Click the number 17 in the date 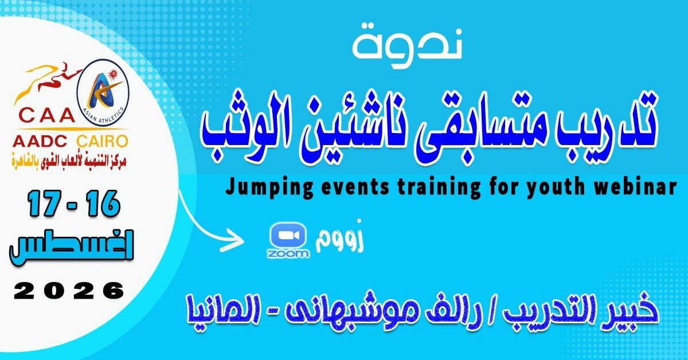click(x=46, y=204)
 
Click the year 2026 click(x=69, y=291)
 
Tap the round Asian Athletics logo click(x=103, y=93)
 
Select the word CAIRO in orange click(x=102, y=142)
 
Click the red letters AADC click(x=40, y=142)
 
